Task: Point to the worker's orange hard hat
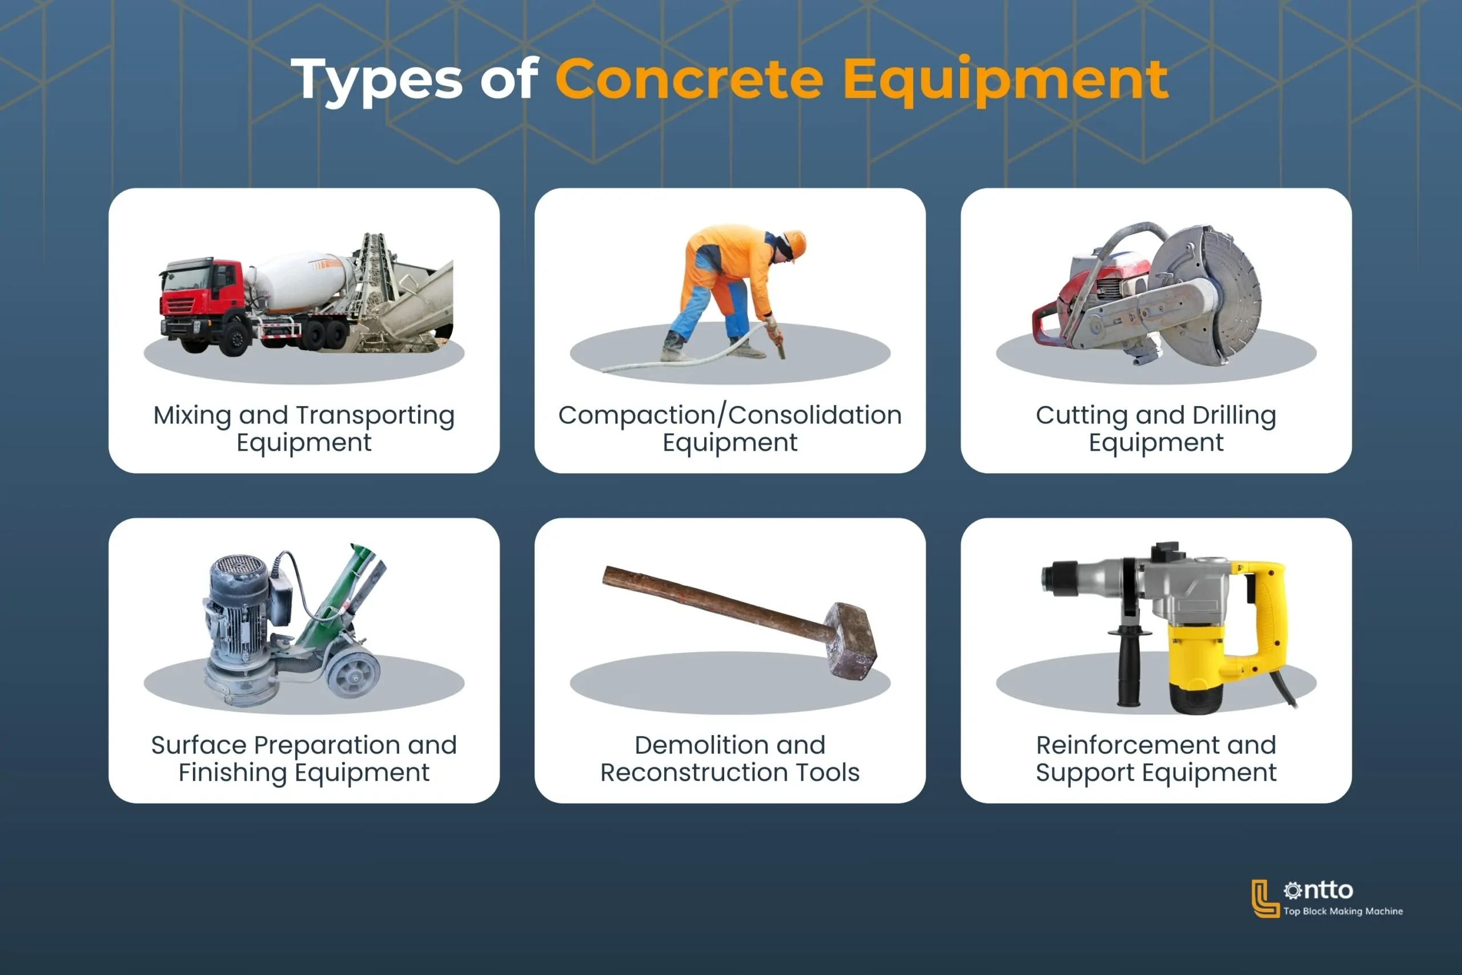(794, 243)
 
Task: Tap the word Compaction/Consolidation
(730, 415)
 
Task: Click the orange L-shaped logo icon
(1264, 898)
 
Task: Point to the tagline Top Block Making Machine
(1343, 911)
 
